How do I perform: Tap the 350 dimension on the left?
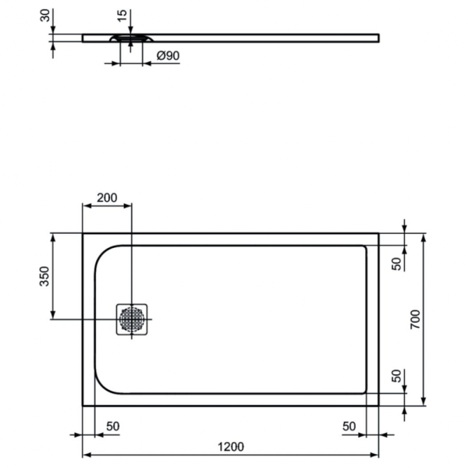pyautogui.click(x=45, y=276)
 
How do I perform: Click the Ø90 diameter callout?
pyautogui.click(x=168, y=56)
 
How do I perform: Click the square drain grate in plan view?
pyautogui.click(x=132, y=319)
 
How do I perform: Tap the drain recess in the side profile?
pyautogui.click(x=130, y=37)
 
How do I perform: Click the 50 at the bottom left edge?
pyautogui.click(x=112, y=426)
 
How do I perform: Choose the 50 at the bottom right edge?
pyautogui.click(x=349, y=426)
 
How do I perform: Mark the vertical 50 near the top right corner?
pyautogui.click(x=396, y=263)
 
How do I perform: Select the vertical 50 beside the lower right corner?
pyautogui.click(x=396, y=377)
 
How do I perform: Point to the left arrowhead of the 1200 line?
pyautogui.click(x=86, y=456)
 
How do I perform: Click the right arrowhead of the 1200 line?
pyautogui.click(x=376, y=456)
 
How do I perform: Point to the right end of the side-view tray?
pyautogui.click(x=378, y=37)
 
